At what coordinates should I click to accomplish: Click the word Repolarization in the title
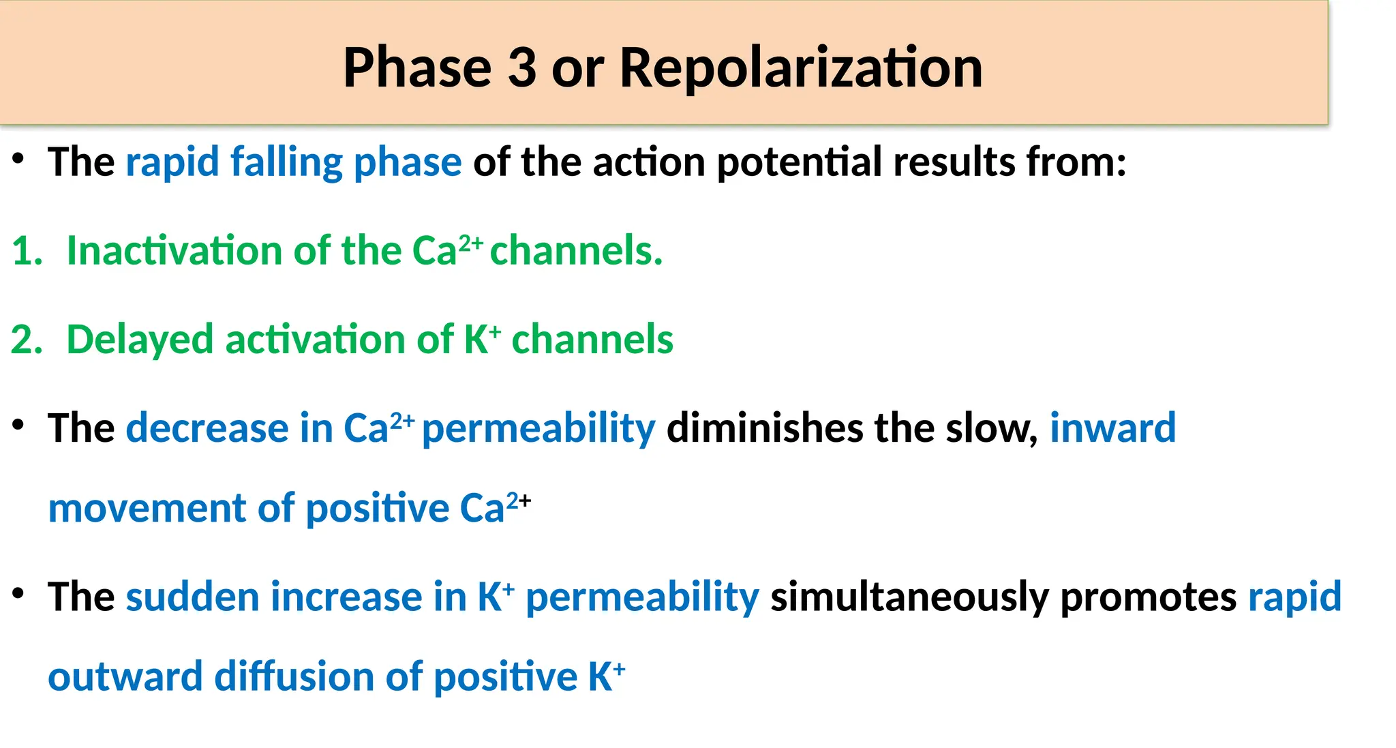[x=801, y=68]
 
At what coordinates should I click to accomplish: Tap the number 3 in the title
[x=522, y=68]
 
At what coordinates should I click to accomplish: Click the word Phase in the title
[x=417, y=68]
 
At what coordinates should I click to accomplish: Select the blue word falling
[x=286, y=162]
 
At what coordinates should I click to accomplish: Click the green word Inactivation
[x=174, y=251]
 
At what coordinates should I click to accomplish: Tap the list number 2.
[x=26, y=340]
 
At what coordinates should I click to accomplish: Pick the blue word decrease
[x=207, y=428]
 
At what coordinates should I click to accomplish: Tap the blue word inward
[x=1112, y=428]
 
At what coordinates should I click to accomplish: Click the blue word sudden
[x=192, y=597]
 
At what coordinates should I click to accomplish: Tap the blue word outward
[x=125, y=676]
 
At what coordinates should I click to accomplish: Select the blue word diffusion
[x=294, y=676]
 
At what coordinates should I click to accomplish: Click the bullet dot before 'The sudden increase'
[x=18, y=594]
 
